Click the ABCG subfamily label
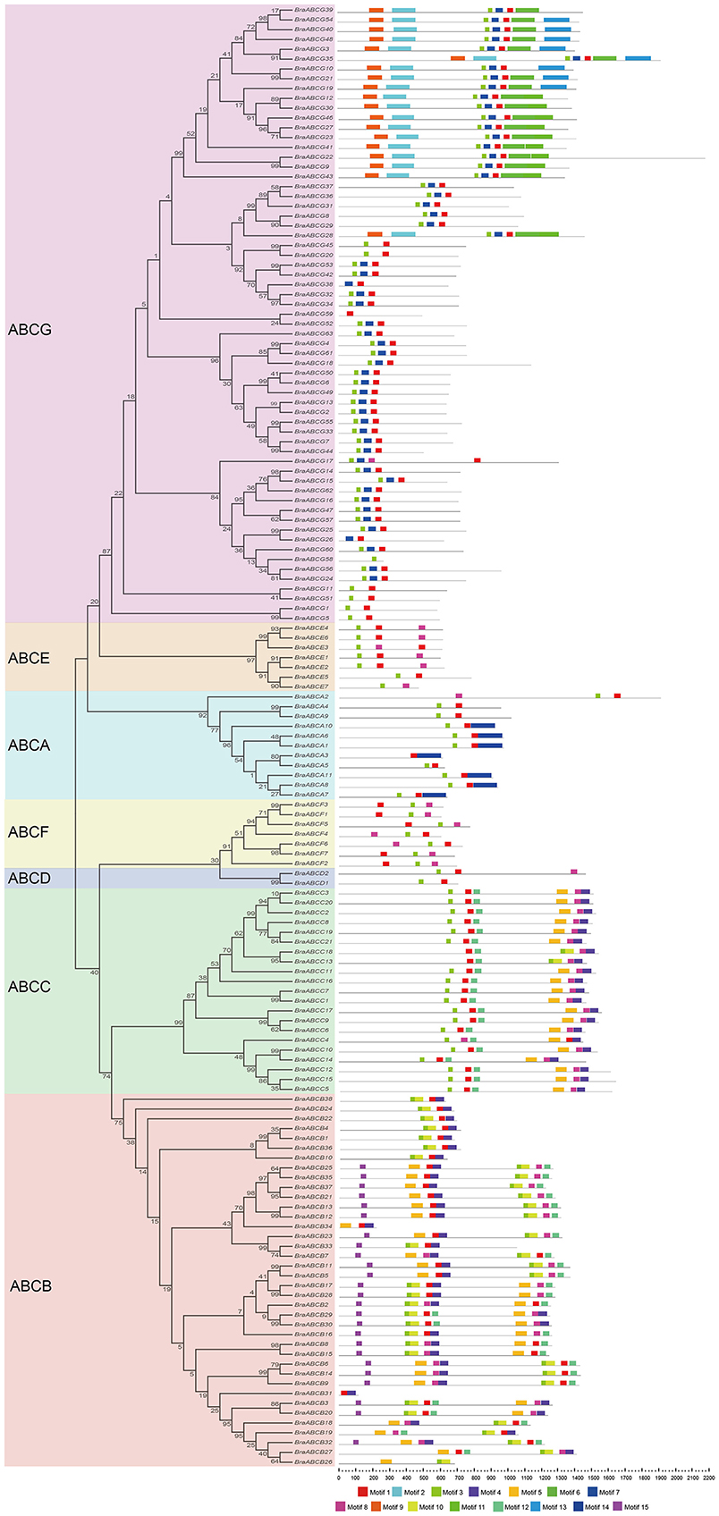point(30,330)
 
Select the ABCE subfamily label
point(29,658)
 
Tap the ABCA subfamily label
point(29,745)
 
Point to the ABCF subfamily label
point(29,832)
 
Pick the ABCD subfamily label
point(29,879)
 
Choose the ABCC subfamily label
point(29,987)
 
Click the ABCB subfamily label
point(30,1286)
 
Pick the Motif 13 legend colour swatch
point(543,1507)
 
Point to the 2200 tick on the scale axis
point(708,1474)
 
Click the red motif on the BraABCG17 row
point(478,460)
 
